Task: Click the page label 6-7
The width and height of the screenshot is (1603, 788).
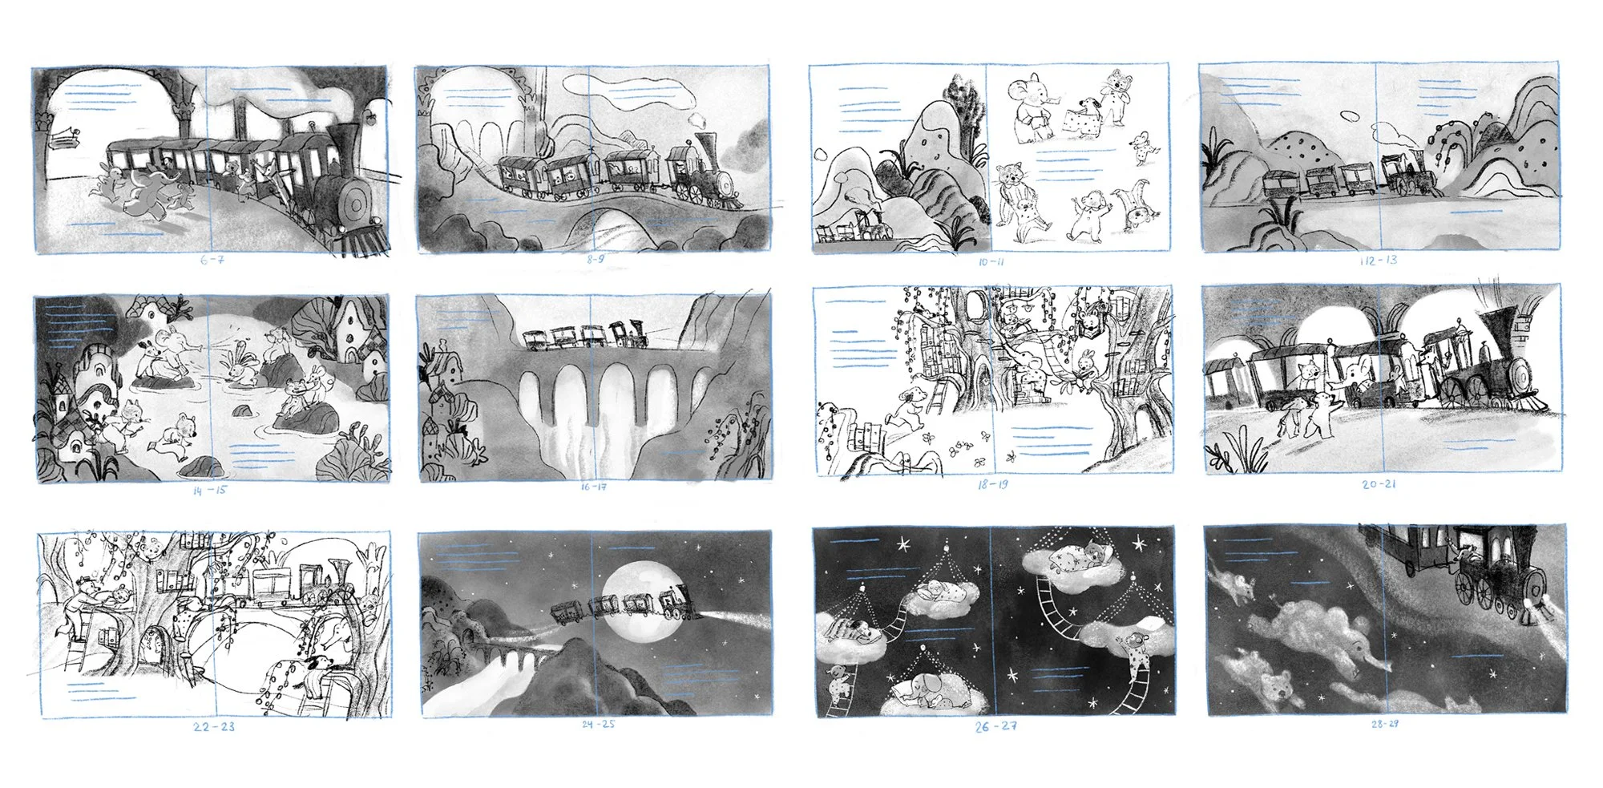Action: pos(212,261)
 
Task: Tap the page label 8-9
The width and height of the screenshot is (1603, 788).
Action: pos(596,260)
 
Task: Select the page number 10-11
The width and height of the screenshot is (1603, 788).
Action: pos(991,262)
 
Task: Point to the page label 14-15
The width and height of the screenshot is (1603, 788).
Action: pos(209,490)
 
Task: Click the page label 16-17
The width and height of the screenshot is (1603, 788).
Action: pos(594,487)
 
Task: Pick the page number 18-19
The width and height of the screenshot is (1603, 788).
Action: pos(992,485)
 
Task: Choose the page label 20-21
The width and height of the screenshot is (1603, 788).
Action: pos(1379,484)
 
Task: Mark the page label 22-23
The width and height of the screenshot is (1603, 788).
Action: pos(214,726)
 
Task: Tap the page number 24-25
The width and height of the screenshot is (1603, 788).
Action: pos(598,724)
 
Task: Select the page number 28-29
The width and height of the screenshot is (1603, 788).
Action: pos(1384,724)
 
